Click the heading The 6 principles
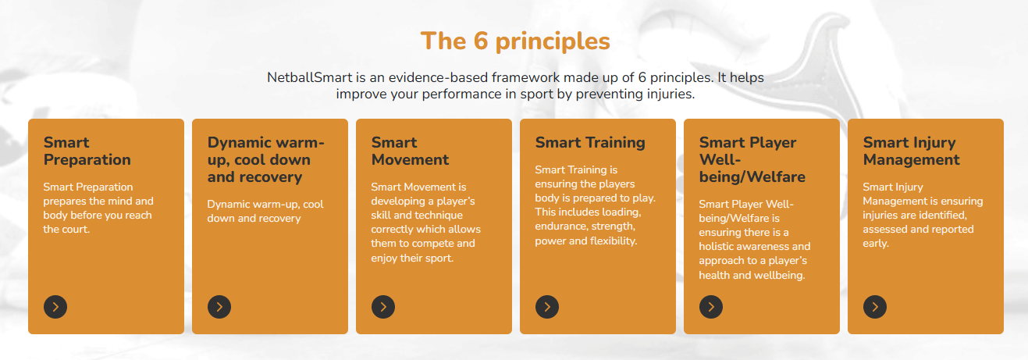click(x=515, y=41)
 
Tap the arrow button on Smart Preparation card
click(x=55, y=307)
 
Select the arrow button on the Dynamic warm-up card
click(x=219, y=307)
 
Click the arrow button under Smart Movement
click(x=383, y=307)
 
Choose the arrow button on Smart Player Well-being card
click(x=711, y=307)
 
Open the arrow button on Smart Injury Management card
click(x=875, y=307)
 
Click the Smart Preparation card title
click(x=87, y=151)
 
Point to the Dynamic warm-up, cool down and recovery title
click(x=265, y=160)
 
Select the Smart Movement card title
click(x=410, y=151)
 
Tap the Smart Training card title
click(x=590, y=143)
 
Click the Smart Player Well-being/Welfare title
click(x=752, y=160)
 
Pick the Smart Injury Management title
click(x=912, y=151)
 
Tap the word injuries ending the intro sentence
click(x=671, y=94)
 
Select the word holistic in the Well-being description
click(x=719, y=247)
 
